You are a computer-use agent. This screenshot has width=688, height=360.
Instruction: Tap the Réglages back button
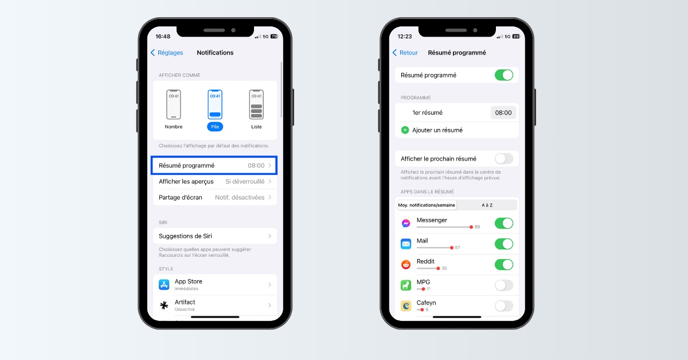[167, 53]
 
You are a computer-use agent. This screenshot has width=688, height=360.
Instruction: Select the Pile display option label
[215, 127]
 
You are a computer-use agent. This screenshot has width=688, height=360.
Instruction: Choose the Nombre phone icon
[174, 104]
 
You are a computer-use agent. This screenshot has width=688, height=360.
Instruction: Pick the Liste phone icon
[256, 104]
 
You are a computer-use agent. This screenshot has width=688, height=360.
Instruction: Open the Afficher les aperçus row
[215, 182]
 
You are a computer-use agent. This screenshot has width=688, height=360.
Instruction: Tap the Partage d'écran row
[215, 198]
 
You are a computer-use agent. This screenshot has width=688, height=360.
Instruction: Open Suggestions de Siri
[215, 236]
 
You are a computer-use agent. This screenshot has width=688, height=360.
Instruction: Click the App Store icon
[164, 284]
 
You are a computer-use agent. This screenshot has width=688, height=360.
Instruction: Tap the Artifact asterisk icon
[164, 305]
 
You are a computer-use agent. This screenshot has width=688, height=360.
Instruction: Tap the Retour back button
[405, 53]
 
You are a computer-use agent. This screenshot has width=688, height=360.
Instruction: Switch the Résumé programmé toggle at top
[504, 75]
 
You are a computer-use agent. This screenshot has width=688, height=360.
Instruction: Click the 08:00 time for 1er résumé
[503, 113]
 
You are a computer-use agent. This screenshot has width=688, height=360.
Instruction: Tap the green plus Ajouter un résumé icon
[405, 130]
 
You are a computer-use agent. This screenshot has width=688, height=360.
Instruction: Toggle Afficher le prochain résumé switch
[504, 159]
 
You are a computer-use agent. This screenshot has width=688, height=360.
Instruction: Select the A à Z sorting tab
[487, 205]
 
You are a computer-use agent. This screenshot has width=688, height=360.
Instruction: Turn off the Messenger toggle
[504, 224]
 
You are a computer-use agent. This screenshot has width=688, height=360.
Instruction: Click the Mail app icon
[406, 244]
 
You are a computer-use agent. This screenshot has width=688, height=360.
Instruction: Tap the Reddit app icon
[406, 264]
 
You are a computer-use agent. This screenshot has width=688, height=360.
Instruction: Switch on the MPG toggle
[504, 285]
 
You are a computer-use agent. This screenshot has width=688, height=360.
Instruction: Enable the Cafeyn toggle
[504, 306]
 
